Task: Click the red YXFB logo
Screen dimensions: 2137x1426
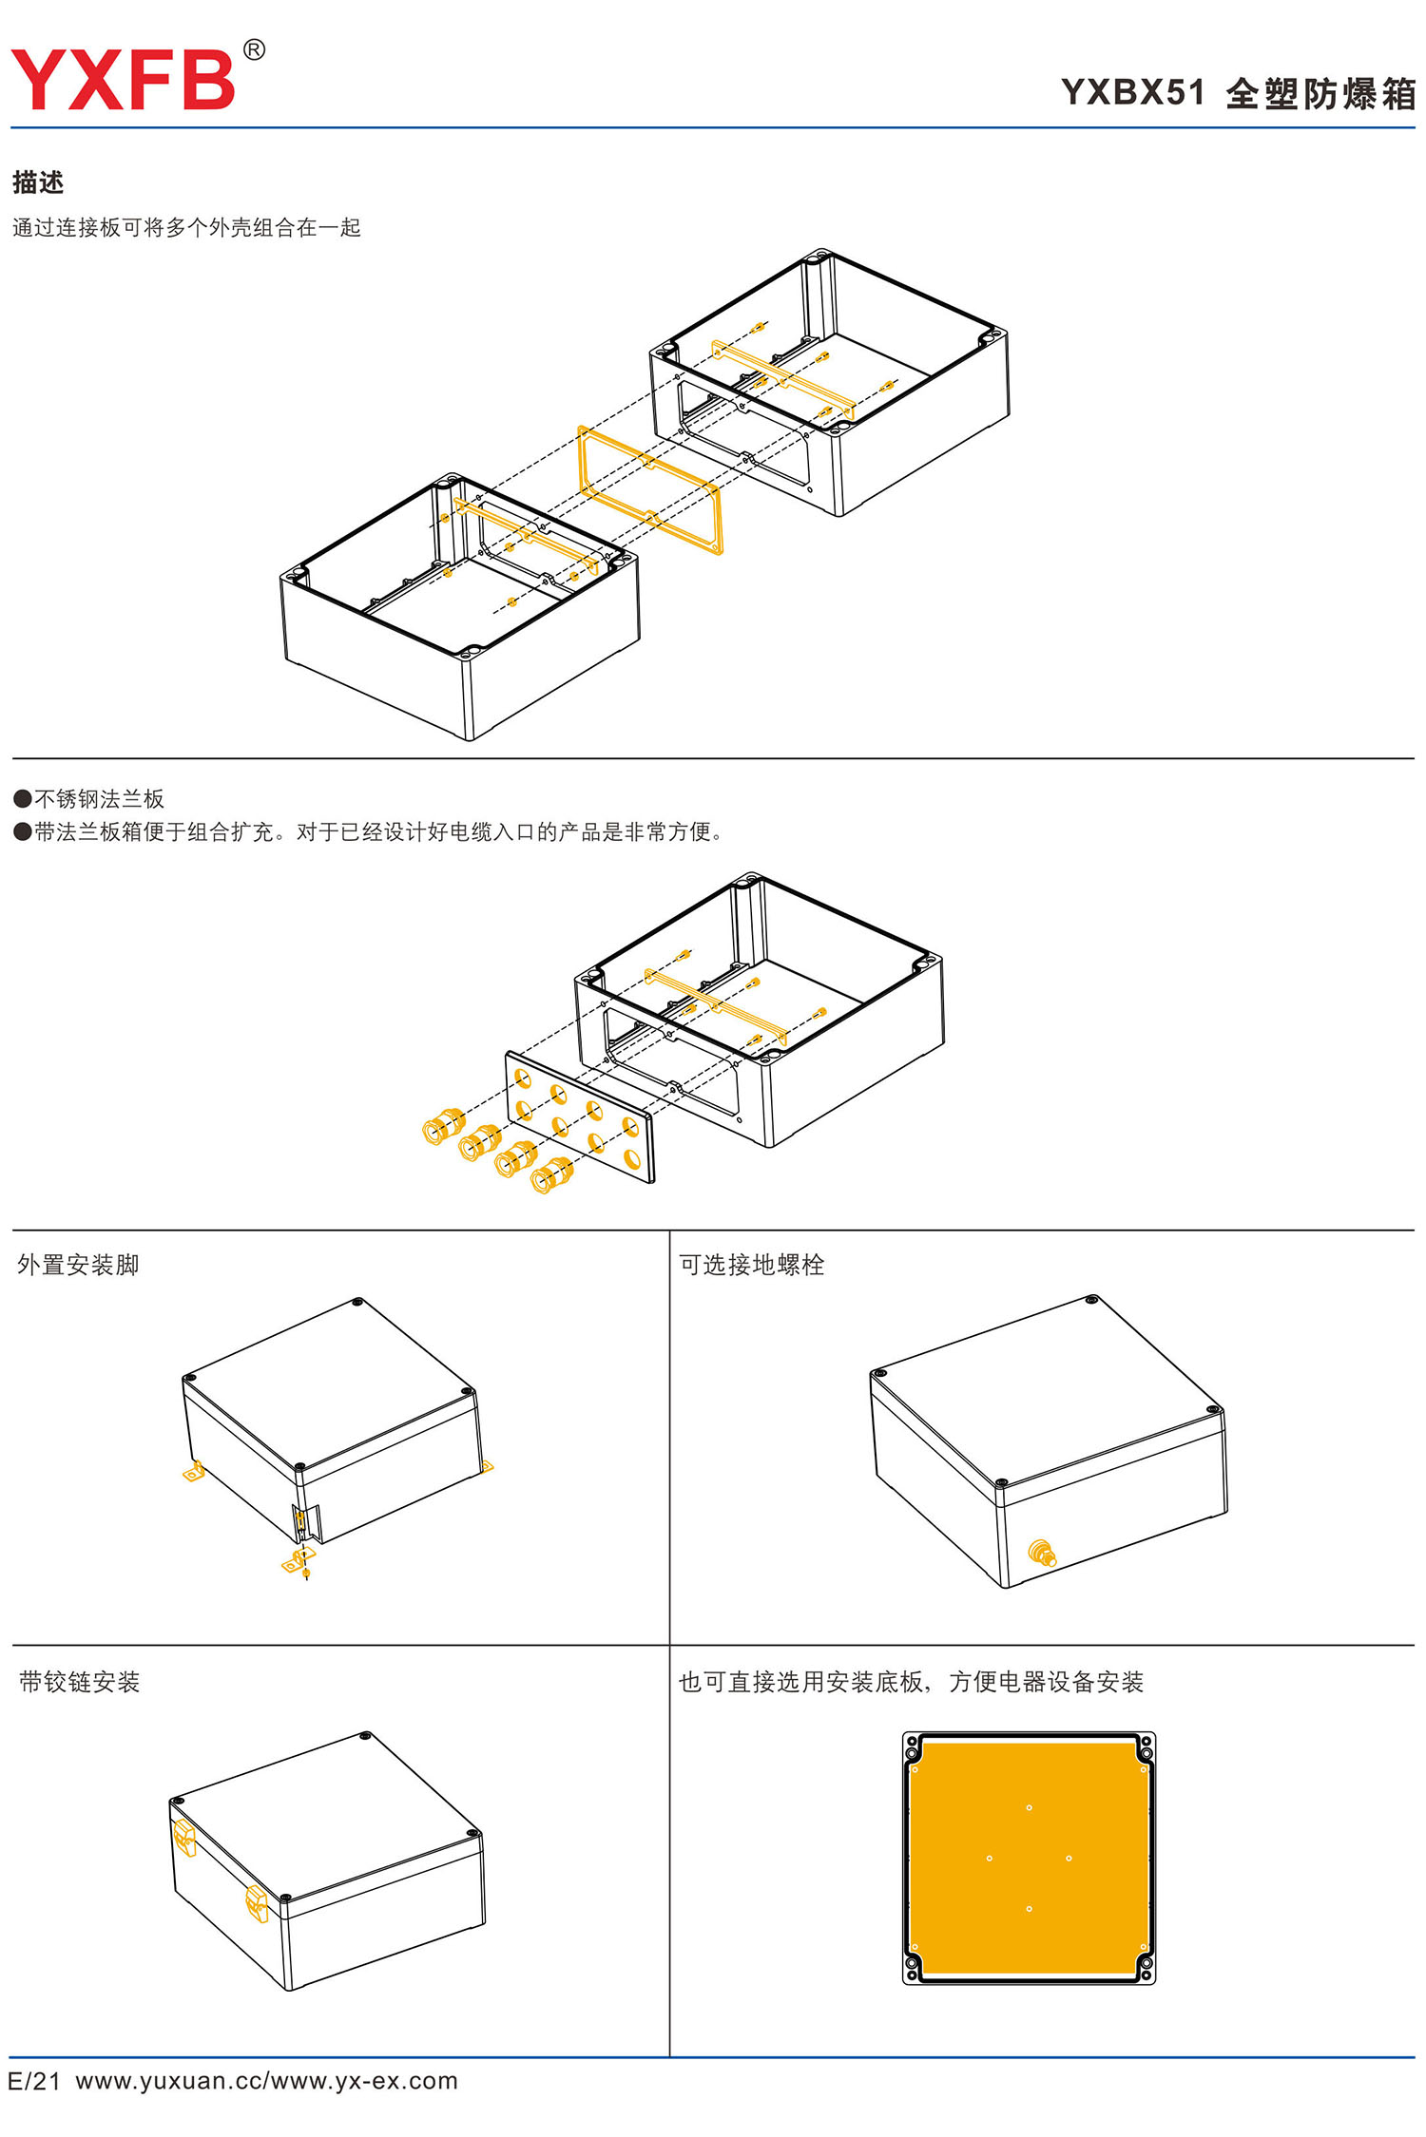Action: coord(123,80)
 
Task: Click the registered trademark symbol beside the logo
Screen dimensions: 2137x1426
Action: coord(254,50)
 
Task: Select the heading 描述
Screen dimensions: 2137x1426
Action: coord(38,182)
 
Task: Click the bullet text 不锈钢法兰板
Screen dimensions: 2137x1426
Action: coord(99,799)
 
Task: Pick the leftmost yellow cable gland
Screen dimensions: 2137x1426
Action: coord(442,1126)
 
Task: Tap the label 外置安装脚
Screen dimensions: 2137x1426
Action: coord(78,1265)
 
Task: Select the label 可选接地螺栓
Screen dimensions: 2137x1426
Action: coord(751,1265)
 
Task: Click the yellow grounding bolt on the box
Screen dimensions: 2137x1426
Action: coord(1042,1554)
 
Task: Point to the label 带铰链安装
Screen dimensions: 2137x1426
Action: coord(79,1682)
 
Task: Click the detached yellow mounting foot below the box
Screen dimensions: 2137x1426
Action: coord(296,1561)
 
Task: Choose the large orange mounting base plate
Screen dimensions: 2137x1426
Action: coord(1028,1858)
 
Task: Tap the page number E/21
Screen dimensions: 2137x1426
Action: coord(34,2081)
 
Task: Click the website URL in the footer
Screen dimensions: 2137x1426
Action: coord(266,2081)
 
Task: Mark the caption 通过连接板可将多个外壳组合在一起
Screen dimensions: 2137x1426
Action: coord(186,228)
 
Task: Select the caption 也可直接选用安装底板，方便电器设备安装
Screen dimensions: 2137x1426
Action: coord(910,1682)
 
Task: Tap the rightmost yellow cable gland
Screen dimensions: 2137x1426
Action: coord(551,1175)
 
